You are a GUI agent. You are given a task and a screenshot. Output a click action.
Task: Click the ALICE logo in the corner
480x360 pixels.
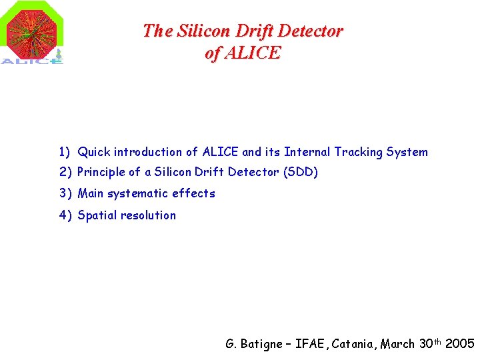pos(33,33)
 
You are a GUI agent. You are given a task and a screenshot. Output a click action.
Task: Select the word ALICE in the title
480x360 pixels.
pos(253,53)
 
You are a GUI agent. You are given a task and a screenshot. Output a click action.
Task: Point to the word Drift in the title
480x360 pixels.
pos(257,31)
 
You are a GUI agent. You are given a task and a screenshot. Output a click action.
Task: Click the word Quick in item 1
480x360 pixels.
pos(94,152)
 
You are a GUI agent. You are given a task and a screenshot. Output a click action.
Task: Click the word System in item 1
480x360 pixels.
pos(407,152)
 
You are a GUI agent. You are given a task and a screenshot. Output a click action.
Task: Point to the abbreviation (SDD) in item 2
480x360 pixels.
pos(301,172)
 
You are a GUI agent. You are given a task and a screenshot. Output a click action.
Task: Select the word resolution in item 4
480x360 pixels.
pos(150,215)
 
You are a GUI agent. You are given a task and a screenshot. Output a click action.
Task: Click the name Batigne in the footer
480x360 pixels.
pos(261,344)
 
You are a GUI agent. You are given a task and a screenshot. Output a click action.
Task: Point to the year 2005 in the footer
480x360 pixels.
pos(459,344)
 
